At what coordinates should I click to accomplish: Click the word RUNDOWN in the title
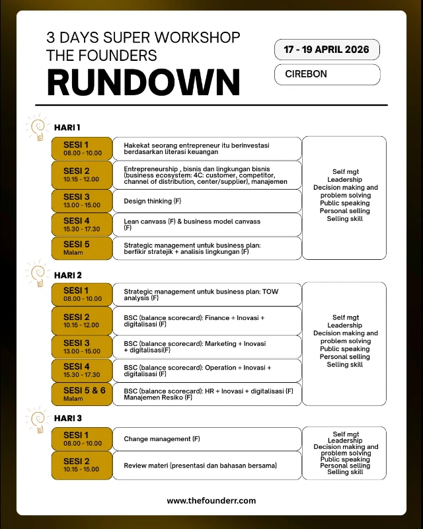(143, 82)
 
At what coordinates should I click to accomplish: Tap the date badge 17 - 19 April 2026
(327, 50)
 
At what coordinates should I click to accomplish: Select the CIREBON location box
(327, 74)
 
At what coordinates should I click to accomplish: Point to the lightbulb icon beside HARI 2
(37, 272)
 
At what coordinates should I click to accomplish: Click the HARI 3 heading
(68, 418)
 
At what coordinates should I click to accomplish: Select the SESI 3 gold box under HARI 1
(82, 200)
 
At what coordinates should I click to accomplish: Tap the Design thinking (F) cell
(208, 201)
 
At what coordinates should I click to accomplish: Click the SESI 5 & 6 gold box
(82, 393)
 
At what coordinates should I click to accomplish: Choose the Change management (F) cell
(208, 439)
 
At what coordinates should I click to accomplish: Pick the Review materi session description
(208, 466)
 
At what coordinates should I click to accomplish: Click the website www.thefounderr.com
(211, 501)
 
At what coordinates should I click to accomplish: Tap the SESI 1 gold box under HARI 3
(82, 438)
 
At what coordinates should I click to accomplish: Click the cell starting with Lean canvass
(208, 224)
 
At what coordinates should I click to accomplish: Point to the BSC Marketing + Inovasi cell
(208, 346)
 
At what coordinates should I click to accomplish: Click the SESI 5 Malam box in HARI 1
(82, 248)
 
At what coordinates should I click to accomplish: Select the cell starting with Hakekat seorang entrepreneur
(208, 148)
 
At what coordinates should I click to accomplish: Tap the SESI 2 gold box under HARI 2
(82, 321)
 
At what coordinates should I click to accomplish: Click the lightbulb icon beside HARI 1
(37, 126)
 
